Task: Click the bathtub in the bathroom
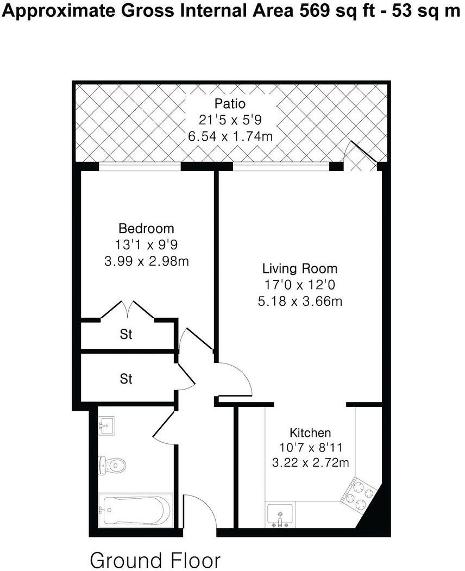coord(135,510)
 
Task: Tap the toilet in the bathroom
coord(112,465)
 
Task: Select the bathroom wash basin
coord(106,425)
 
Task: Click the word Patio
coord(230,103)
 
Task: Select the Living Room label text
coord(299,268)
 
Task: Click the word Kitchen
coord(310,433)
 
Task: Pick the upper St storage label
coord(126,335)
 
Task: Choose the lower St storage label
coord(126,378)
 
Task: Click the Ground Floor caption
coord(155,559)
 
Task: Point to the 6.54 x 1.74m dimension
coord(230,136)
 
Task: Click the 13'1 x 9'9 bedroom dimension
coord(146,244)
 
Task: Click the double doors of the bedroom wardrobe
coord(128,310)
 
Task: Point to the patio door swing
coord(362,155)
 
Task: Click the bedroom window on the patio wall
coord(140,167)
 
